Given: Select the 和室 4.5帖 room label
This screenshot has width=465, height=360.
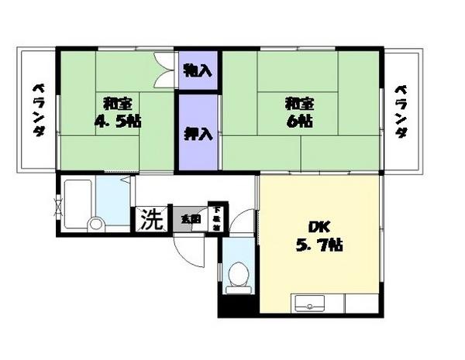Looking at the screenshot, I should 116,111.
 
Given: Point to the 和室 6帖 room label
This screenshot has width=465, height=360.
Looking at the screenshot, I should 298,111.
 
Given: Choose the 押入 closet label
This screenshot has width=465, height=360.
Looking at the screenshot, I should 198,132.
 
